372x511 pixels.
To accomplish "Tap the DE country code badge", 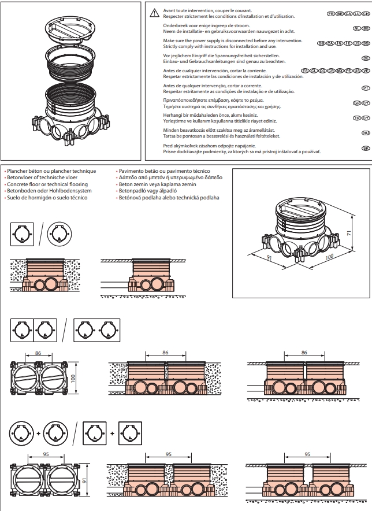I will (365, 58).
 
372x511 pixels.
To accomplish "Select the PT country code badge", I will (365, 88).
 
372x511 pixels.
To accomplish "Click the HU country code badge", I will (365, 132).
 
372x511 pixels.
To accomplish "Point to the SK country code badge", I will (365, 147).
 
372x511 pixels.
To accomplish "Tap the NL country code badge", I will (356, 28).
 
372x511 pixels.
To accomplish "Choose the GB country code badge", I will (322, 43).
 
